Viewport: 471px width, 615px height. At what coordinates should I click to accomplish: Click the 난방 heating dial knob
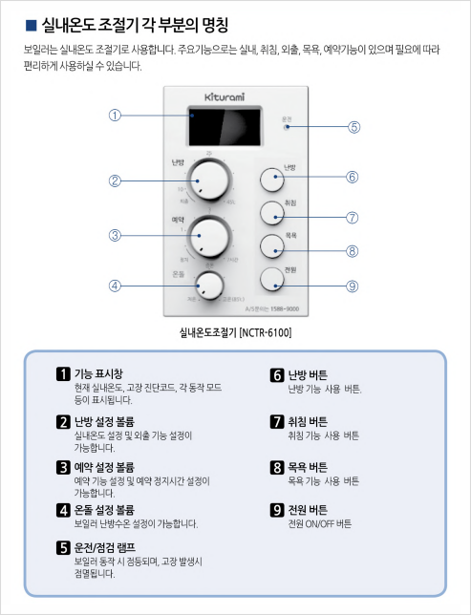point(208,179)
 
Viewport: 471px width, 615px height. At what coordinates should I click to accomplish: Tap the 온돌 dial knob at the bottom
point(209,285)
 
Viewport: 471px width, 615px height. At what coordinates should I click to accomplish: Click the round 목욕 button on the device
point(274,244)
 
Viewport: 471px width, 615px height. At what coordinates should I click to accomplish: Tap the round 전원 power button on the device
point(274,279)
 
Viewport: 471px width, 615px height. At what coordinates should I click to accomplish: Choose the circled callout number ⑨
point(353,286)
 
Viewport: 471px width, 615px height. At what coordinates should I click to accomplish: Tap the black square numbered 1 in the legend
point(63,374)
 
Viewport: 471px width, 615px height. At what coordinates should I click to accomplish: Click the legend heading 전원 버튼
point(307,511)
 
